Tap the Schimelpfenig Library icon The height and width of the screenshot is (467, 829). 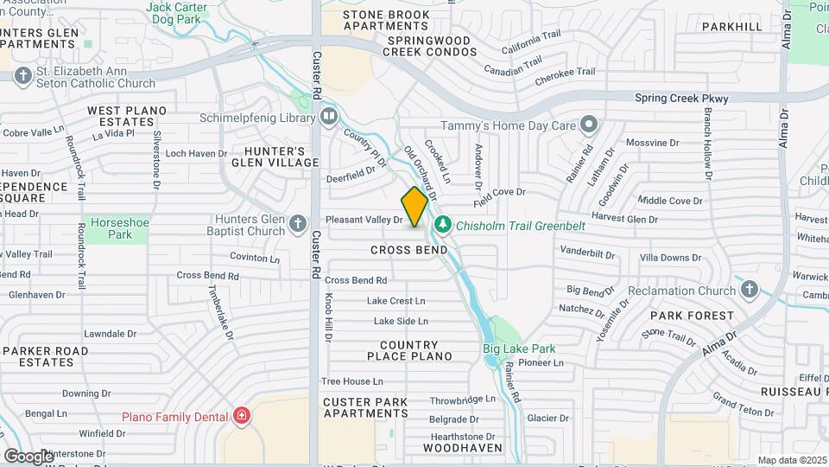[328, 116]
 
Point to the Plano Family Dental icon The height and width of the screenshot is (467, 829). [243, 416]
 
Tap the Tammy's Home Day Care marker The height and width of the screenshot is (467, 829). [589, 125]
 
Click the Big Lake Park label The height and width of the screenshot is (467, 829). [518, 349]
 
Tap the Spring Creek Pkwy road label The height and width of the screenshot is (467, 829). [681, 99]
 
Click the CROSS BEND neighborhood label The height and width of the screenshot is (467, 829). [409, 250]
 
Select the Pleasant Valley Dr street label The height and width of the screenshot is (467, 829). [364, 220]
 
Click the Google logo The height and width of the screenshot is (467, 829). [28, 456]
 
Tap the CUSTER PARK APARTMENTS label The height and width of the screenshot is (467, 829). [366, 407]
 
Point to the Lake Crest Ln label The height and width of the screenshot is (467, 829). [396, 301]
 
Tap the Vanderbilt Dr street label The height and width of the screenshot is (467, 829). [587, 254]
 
